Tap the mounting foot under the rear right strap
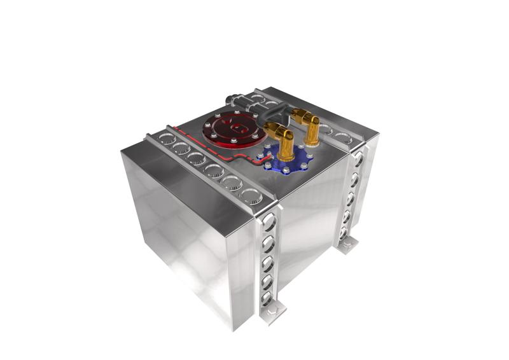pyautogui.click(x=346, y=244)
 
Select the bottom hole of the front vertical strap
pyautogui.click(x=268, y=296)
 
